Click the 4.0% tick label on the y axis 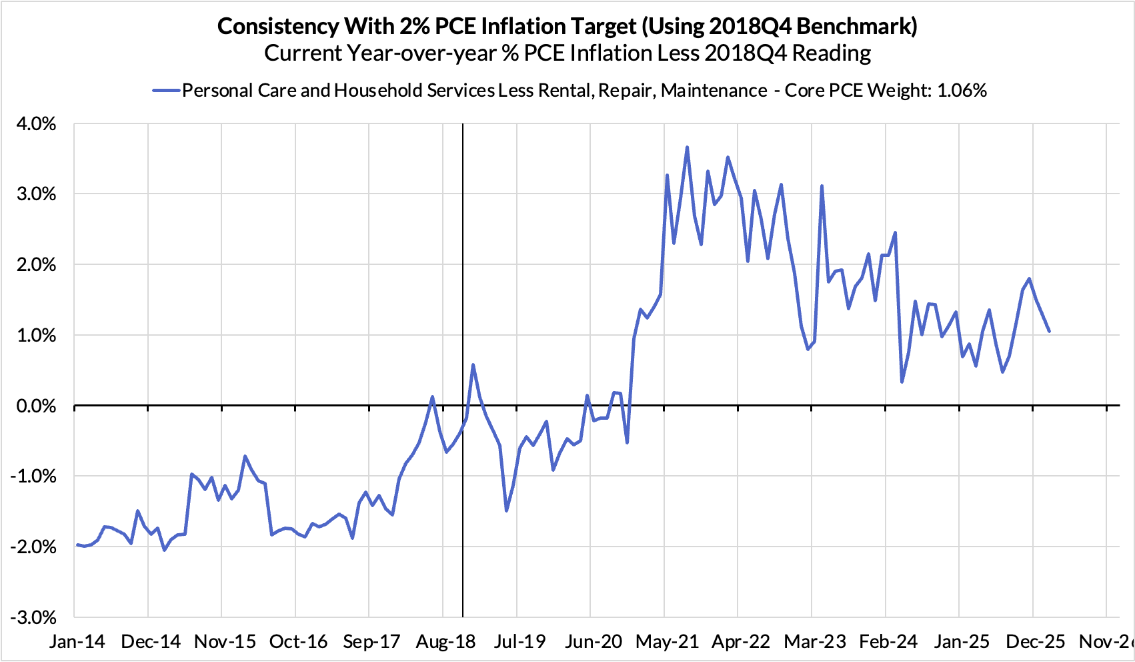(x=33, y=124)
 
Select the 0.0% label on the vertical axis (x=33, y=406)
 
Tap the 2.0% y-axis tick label (x=33, y=265)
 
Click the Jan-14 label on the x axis (x=77, y=642)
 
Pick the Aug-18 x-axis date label (x=446, y=642)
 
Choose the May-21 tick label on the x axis (x=667, y=642)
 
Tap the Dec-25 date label (x=1034, y=642)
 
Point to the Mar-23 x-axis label (x=814, y=642)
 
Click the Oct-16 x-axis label (x=299, y=642)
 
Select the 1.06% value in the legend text (x=962, y=90)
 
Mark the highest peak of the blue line (x=687, y=147)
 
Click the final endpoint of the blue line (x=1049, y=331)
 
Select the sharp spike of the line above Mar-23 (x=822, y=186)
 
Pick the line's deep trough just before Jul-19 (x=507, y=511)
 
